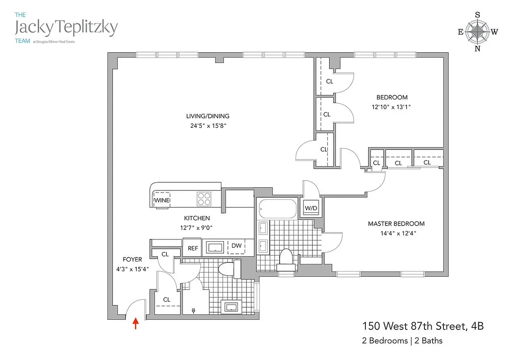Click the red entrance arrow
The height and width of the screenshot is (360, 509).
[x=135, y=324]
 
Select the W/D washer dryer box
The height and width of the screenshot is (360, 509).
[x=310, y=208]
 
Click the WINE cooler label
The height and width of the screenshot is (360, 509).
[x=162, y=200]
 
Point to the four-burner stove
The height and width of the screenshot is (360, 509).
[x=204, y=198]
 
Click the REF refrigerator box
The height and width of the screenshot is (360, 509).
[x=193, y=248]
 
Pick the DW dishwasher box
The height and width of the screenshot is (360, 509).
[x=236, y=246]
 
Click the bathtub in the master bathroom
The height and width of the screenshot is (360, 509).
[x=278, y=209]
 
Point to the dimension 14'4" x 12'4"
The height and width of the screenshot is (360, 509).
[x=396, y=233]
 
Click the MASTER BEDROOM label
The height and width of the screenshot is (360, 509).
[x=396, y=224]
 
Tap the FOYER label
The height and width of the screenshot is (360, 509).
[x=132, y=259]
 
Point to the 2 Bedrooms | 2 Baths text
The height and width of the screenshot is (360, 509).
[x=402, y=341]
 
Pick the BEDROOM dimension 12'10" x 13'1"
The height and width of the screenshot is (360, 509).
[x=392, y=107]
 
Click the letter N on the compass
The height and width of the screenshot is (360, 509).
[x=477, y=49]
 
